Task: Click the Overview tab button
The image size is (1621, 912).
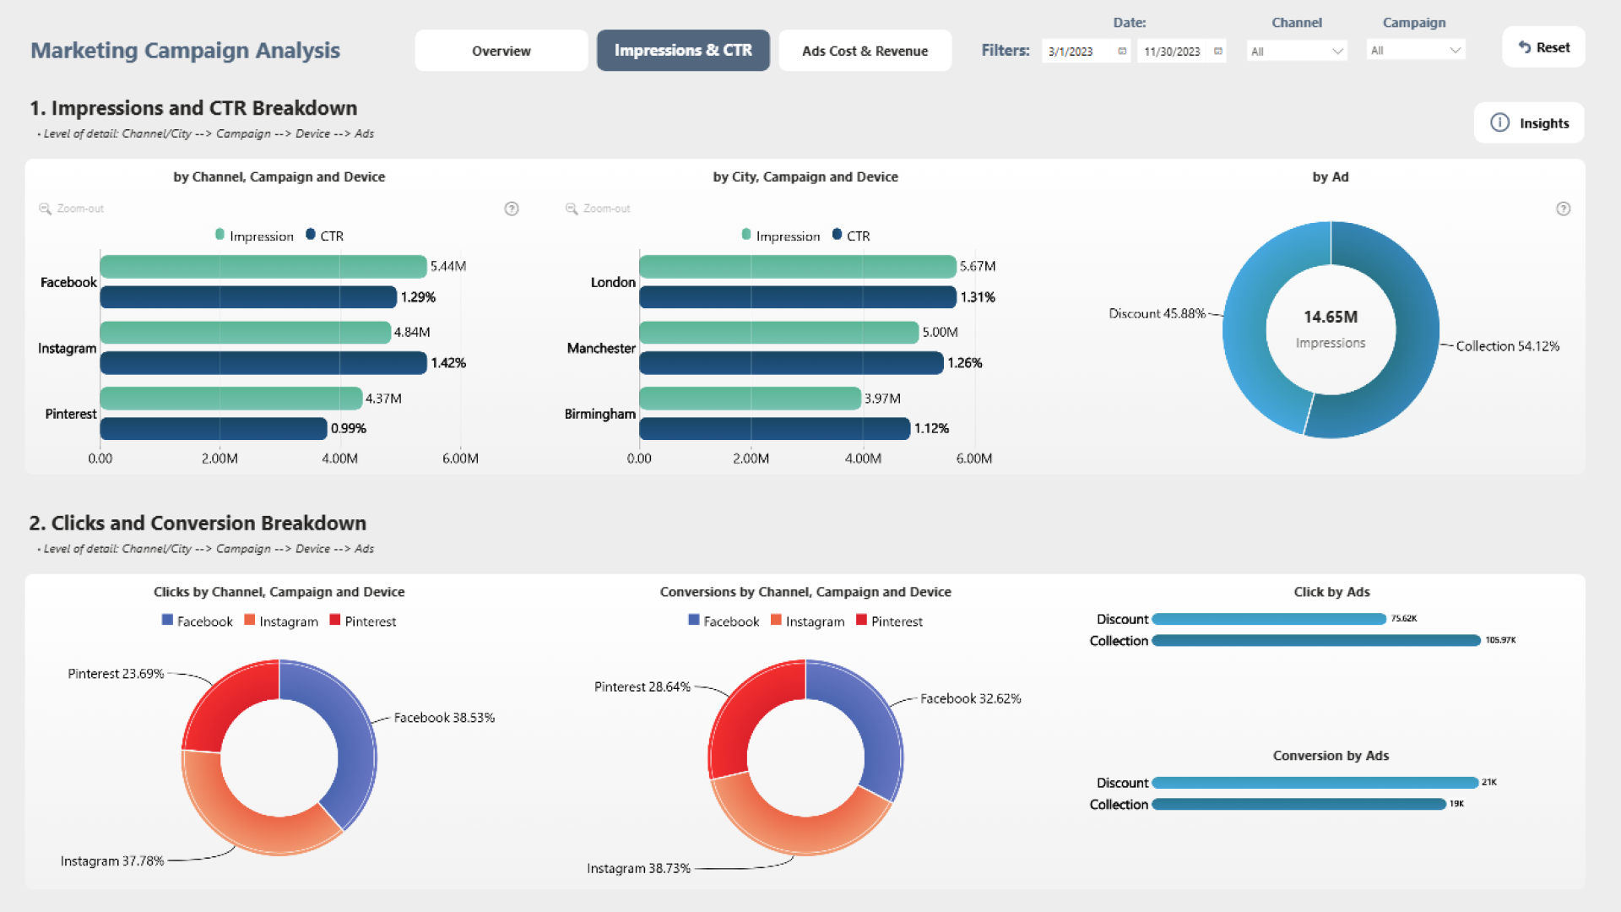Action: point(501,51)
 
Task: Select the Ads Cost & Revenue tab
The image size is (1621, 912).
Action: point(865,51)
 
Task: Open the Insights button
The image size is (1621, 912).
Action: point(1529,123)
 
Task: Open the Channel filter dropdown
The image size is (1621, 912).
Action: point(1297,52)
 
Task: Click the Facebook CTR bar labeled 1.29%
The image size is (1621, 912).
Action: point(248,297)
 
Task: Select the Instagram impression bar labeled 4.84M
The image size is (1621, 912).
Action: point(245,333)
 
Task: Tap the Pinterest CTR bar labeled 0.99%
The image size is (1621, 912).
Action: point(213,429)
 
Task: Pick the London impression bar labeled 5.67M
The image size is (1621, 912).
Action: point(797,267)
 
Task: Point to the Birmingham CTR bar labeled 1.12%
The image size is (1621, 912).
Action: point(774,429)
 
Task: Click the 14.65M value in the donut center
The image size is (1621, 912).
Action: point(1331,318)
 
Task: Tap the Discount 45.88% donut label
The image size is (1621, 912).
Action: point(1157,314)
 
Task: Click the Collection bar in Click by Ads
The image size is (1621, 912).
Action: point(1315,641)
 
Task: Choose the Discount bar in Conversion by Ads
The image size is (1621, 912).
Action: point(1315,783)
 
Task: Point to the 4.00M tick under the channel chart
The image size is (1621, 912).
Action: point(339,459)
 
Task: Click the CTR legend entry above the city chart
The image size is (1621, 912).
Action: point(851,236)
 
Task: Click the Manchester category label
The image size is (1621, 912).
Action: point(601,349)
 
